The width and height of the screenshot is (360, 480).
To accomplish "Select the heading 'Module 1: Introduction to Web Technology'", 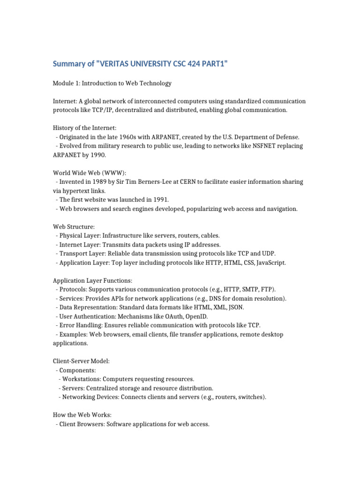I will click(112, 83).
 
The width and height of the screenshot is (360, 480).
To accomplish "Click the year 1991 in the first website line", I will click(158, 200).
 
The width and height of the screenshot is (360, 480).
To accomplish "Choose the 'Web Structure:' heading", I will click(74, 226).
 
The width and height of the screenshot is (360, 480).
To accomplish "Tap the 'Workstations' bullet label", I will click(81, 379).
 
